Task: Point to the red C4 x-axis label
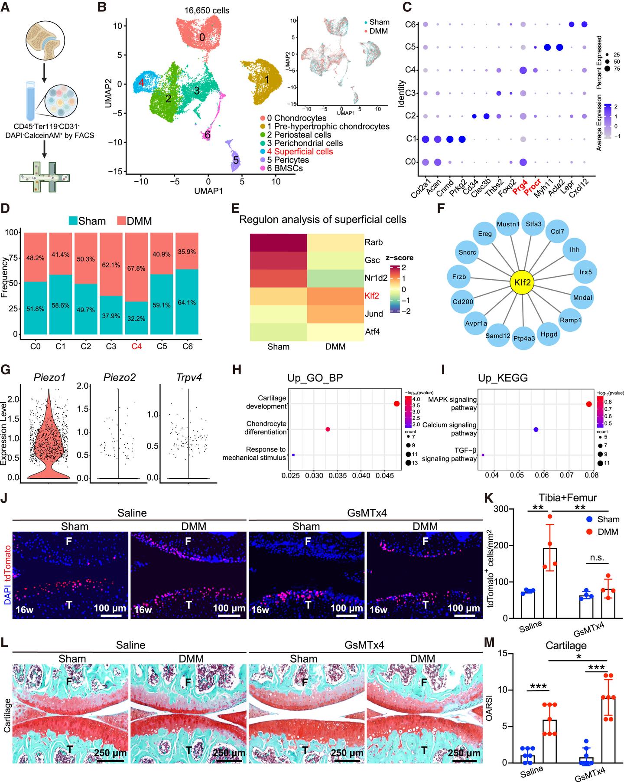tap(137, 347)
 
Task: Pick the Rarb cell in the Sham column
tap(278, 242)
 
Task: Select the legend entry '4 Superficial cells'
tap(299, 151)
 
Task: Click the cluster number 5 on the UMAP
tap(236, 160)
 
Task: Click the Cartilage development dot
tap(396, 404)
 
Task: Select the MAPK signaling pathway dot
tap(588, 404)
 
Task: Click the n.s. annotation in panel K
tap(597, 558)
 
